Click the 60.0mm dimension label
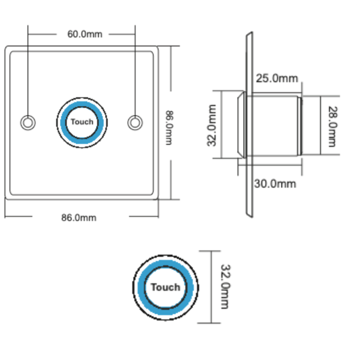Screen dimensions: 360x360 point(85,34)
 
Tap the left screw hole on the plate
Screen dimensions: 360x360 point(28,122)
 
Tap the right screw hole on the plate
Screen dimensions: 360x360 point(135,122)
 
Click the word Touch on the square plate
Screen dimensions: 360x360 point(82,122)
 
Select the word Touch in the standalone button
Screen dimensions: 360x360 point(166,287)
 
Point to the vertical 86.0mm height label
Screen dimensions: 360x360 point(169,128)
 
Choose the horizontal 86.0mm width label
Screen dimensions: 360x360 point(79,218)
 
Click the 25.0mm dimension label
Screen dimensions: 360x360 point(277,78)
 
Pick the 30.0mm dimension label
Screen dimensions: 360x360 point(275,184)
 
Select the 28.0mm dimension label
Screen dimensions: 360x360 point(332,127)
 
